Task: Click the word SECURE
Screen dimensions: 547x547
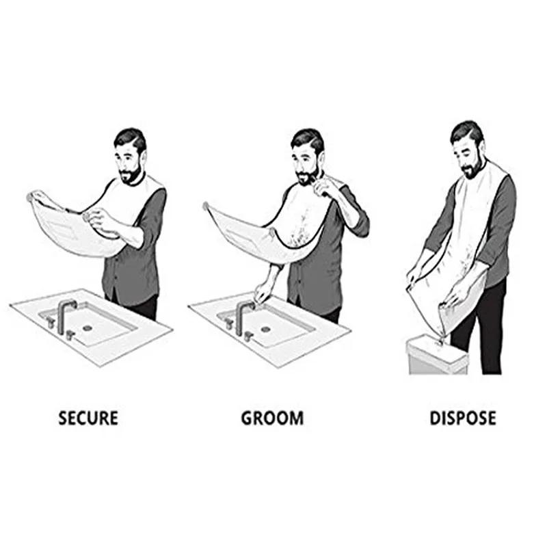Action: [88, 418]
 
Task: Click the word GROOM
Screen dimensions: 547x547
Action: [271, 418]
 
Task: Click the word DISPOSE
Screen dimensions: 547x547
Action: [462, 418]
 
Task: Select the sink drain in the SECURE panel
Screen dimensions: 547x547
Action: [88, 328]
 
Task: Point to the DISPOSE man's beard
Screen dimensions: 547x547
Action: [471, 169]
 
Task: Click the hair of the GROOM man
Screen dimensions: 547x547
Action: [307, 139]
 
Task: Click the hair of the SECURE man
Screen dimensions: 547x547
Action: [130, 139]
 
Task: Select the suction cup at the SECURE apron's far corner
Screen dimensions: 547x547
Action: [31, 197]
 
